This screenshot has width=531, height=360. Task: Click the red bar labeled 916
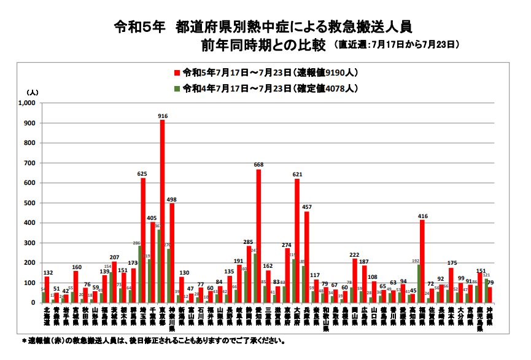pyautogui.click(x=162, y=211)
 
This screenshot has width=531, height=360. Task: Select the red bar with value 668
pyautogui.click(x=258, y=236)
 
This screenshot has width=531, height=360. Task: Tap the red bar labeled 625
pyautogui.click(x=143, y=240)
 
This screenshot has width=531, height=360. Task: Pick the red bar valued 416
pyautogui.click(x=422, y=261)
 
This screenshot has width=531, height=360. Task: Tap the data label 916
pyautogui.click(x=163, y=115)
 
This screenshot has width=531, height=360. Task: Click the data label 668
pyautogui.click(x=258, y=165)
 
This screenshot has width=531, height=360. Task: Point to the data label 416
pyautogui.click(x=422, y=216)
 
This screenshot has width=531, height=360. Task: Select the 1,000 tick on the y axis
pyautogui.click(x=28, y=103)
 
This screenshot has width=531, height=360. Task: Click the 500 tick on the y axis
pyautogui.click(x=31, y=203)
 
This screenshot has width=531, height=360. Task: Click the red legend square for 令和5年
pyautogui.click(x=177, y=72)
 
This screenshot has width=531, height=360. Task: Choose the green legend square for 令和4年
pyautogui.click(x=177, y=88)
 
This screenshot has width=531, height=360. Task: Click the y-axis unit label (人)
pyautogui.click(x=33, y=92)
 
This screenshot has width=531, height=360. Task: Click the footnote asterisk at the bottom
pyautogui.click(x=24, y=340)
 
